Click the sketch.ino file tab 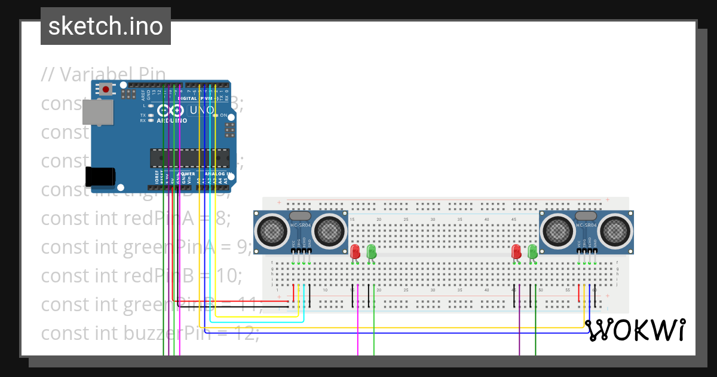coord(106,26)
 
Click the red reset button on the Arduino coord(106,90)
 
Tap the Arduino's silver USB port coord(97,113)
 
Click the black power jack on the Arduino coord(100,177)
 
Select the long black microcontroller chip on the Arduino coord(189,158)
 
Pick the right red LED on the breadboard coord(517,251)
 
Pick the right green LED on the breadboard coord(532,251)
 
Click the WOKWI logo coord(635,330)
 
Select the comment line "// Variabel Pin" coord(103,74)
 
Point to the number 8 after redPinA coord(222,218)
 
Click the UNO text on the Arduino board coord(202,111)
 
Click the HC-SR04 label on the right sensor coord(587,225)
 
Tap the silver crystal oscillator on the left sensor coord(300,215)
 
